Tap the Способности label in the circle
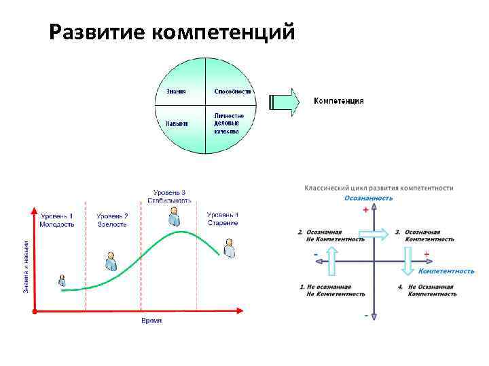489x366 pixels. click(x=232, y=91)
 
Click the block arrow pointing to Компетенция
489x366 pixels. click(x=285, y=102)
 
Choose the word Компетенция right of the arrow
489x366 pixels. click(x=338, y=101)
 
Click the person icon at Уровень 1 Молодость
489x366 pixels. click(x=62, y=281)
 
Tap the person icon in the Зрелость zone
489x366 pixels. click(x=111, y=261)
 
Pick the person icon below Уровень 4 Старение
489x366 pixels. click(x=229, y=248)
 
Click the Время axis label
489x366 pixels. click(x=151, y=320)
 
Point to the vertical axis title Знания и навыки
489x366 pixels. click(x=26, y=266)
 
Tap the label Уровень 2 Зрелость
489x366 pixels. click(x=112, y=220)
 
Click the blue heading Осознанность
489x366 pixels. click(x=368, y=198)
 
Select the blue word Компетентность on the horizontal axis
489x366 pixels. click(x=446, y=271)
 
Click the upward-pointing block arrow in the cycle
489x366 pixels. click(x=331, y=261)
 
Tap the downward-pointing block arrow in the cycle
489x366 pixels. click(x=408, y=261)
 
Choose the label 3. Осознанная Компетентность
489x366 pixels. click(x=426, y=235)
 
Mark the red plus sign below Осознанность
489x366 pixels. click(x=366, y=210)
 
